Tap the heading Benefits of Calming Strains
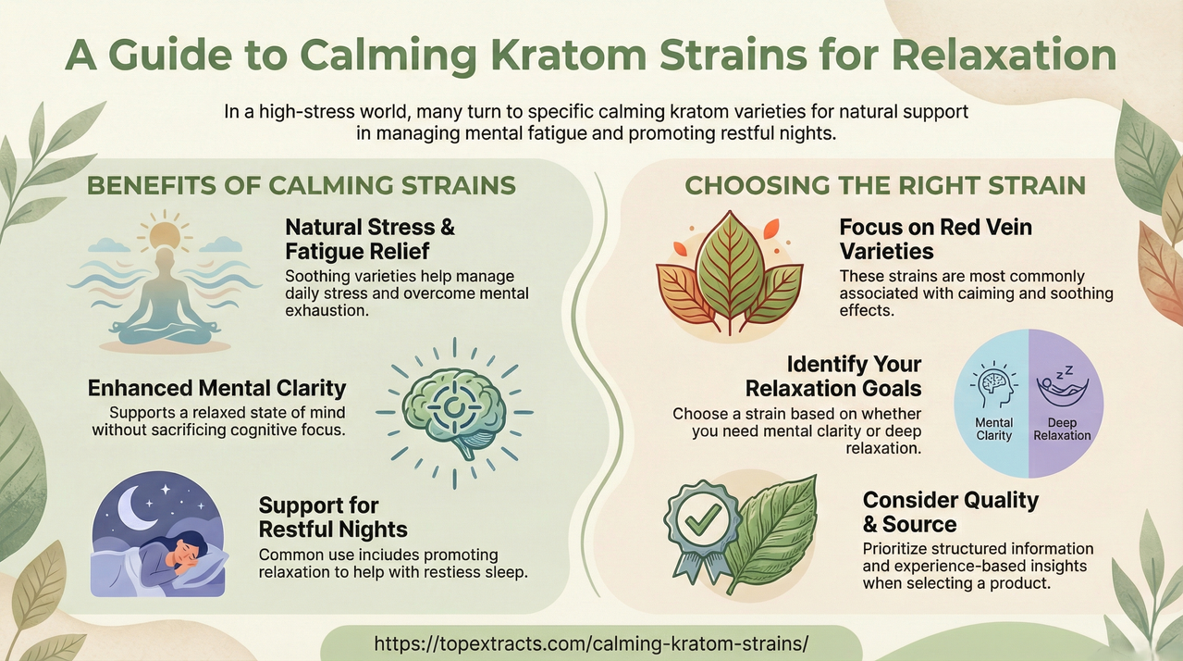click(x=301, y=185)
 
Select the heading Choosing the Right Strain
click(x=884, y=185)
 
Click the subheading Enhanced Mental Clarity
click(x=217, y=388)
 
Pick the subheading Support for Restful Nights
click(x=333, y=518)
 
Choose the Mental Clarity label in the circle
click(x=994, y=429)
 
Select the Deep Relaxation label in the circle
click(x=1062, y=429)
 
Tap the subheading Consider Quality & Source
click(x=950, y=512)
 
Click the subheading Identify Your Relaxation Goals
click(x=833, y=375)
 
